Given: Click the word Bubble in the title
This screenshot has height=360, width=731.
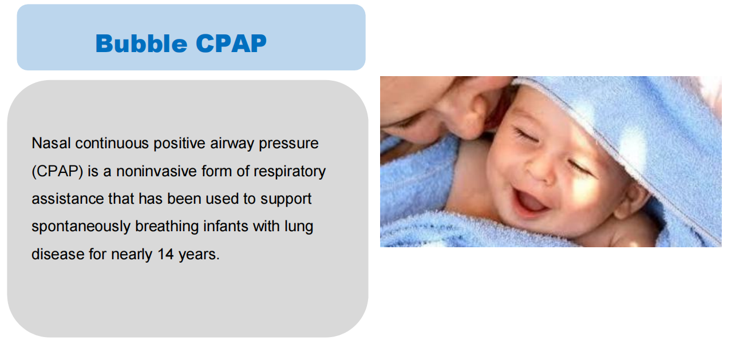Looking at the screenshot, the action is (141, 43).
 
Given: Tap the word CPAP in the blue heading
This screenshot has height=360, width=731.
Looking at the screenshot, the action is (231, 43).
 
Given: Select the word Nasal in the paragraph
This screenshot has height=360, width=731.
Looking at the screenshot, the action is (51, 143).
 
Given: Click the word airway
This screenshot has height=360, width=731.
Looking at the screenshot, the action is (232, 144).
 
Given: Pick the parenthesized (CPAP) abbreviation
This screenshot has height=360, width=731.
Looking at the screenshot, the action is (57, 172).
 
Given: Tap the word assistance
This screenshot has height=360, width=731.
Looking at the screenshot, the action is (68, 199).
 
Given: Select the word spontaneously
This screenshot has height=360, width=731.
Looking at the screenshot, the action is (81, 227).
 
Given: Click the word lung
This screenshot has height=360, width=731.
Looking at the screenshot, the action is (299, 227).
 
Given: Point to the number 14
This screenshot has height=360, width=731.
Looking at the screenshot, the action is (165, 254).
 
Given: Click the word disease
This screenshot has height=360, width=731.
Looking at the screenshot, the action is (58, 254).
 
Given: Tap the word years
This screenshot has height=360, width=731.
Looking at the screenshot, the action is (199, 255).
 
